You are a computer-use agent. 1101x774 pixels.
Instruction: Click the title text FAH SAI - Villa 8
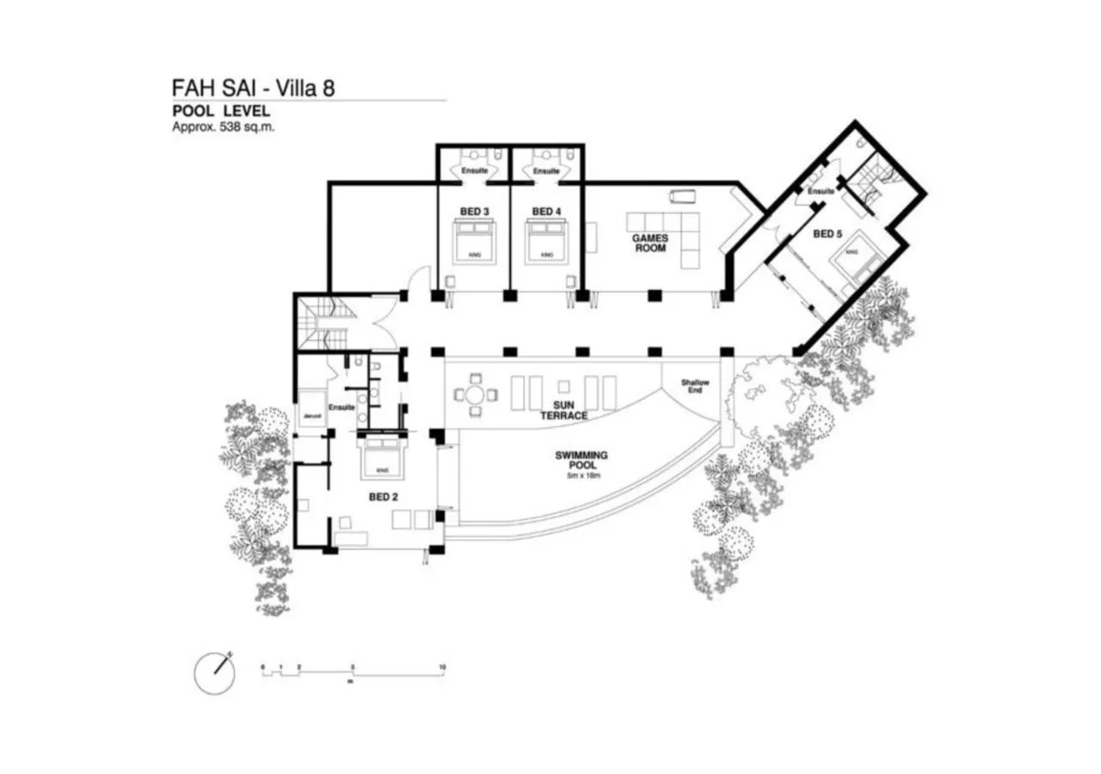[x=254, y=89]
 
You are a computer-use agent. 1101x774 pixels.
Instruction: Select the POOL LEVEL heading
[x=221, y=111]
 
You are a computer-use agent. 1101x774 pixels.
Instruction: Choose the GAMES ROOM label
[x=650, y=243]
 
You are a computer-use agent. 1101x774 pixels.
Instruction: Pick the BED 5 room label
[x=827, y=233]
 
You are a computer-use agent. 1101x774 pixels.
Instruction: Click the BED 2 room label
[x=383, y=496]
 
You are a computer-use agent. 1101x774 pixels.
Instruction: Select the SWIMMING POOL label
[x=582, y=459]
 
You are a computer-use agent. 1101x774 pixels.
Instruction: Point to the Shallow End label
[x=695, y=386]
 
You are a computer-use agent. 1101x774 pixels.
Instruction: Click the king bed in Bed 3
[x=474, y=242]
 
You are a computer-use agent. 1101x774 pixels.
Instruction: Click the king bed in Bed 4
[x=546, y=242]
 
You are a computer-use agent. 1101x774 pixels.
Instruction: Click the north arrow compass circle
[x=215, y=673]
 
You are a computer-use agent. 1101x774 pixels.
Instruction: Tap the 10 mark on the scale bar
[x=441, y=666]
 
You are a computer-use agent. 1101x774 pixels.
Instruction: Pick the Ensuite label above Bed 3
[x=474, y=171]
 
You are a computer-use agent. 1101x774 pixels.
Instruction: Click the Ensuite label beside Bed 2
[x=342, y=407]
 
